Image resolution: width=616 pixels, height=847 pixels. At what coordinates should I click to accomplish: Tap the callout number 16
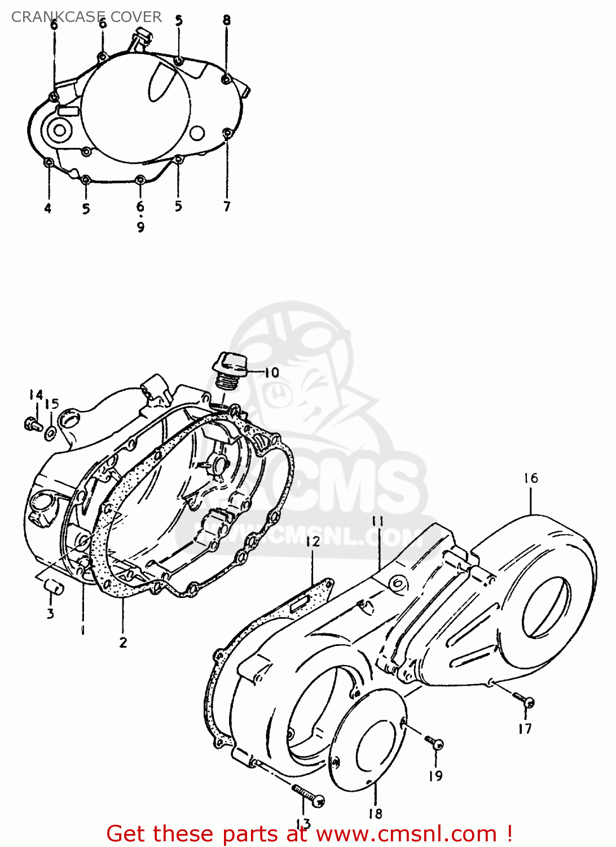(x=530, y=478)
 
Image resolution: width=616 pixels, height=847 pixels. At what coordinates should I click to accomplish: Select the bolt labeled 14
(x=32, y=423)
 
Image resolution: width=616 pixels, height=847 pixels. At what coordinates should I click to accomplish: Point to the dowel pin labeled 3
(x=54, y=587)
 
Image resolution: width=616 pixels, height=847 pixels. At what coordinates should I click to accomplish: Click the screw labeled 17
(x=526, y=701)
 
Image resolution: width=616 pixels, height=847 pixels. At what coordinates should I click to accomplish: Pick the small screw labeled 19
(x=435, y=743)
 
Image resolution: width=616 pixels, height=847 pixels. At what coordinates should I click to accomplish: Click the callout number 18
(x=375, y=814)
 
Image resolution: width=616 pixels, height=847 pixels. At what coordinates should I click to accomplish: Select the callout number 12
(x=313, y=542)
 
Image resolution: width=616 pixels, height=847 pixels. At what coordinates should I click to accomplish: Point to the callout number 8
(x=226, y=20)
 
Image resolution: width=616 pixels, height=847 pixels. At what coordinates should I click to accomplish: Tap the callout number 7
(x=227, y=206)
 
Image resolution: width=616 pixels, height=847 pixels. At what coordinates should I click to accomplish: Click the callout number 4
(x=48, y=208)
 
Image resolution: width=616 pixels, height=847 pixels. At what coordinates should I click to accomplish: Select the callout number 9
(x=140, y=227)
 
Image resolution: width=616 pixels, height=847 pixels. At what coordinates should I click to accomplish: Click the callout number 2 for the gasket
(x=123, y=642)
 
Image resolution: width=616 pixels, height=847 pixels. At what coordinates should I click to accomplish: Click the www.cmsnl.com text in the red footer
(x=406, y=834)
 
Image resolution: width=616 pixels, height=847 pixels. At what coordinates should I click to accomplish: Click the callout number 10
(x=271, y=373)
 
